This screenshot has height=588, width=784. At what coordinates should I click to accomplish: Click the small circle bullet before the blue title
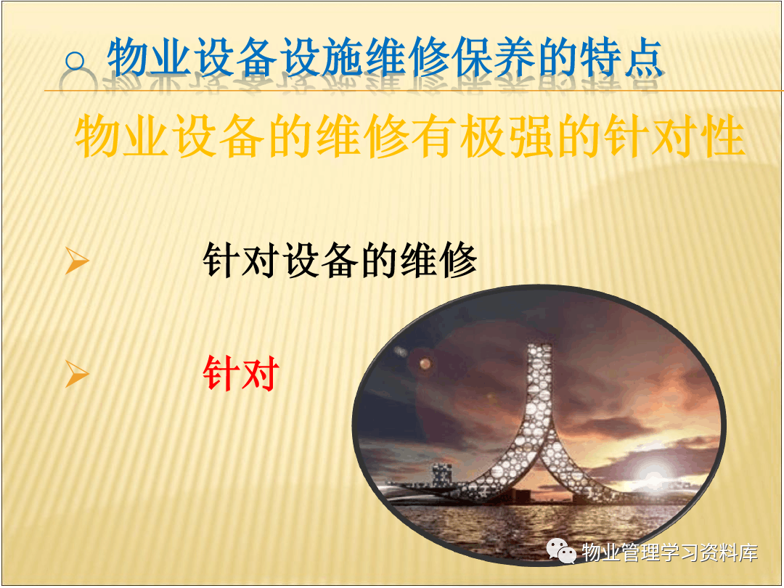75,61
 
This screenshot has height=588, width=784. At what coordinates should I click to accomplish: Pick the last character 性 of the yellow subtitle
722,136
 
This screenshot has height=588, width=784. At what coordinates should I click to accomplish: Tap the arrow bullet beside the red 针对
77,373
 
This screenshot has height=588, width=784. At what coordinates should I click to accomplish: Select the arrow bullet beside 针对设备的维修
77,261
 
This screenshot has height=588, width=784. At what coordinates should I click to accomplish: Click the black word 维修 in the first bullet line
439,260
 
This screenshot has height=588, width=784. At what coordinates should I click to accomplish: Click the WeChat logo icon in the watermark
561,551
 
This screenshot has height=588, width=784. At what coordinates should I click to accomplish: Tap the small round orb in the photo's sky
425,364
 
